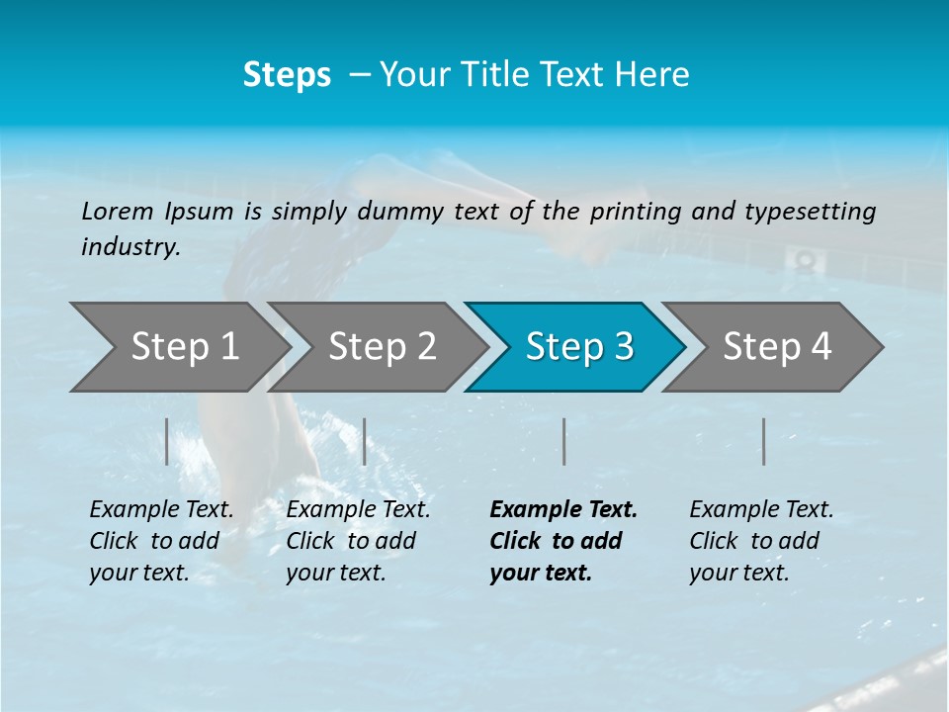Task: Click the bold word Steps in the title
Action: pyautogui.click(x=287, y=75)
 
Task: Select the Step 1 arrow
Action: pyautogui.click(x=178, y=347)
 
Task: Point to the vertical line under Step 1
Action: pyautogui.click(x=167, y=441)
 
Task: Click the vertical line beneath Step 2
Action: pyautogui.click(x=365, y=441)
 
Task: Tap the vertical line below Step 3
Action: pyautogui.click(x=563, y=441)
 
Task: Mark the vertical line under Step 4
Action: pyautogui.click(x=764, y=441)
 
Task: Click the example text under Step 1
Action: pyautogui.click(x=161, y=541)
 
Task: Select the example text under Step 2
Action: pyautogui.click(x=358, y=541)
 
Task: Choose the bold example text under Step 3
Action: pyautogui.click(x=561, y=541)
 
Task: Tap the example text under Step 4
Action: pyautogui.click(x=761, y=541)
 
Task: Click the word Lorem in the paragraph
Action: pyautogui.click(x=118, y=212)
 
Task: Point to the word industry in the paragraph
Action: pyautogui.click(x=129, y=247)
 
